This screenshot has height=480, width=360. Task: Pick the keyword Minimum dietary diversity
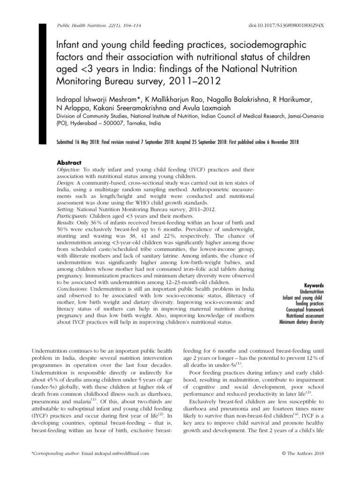click(301, 322)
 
